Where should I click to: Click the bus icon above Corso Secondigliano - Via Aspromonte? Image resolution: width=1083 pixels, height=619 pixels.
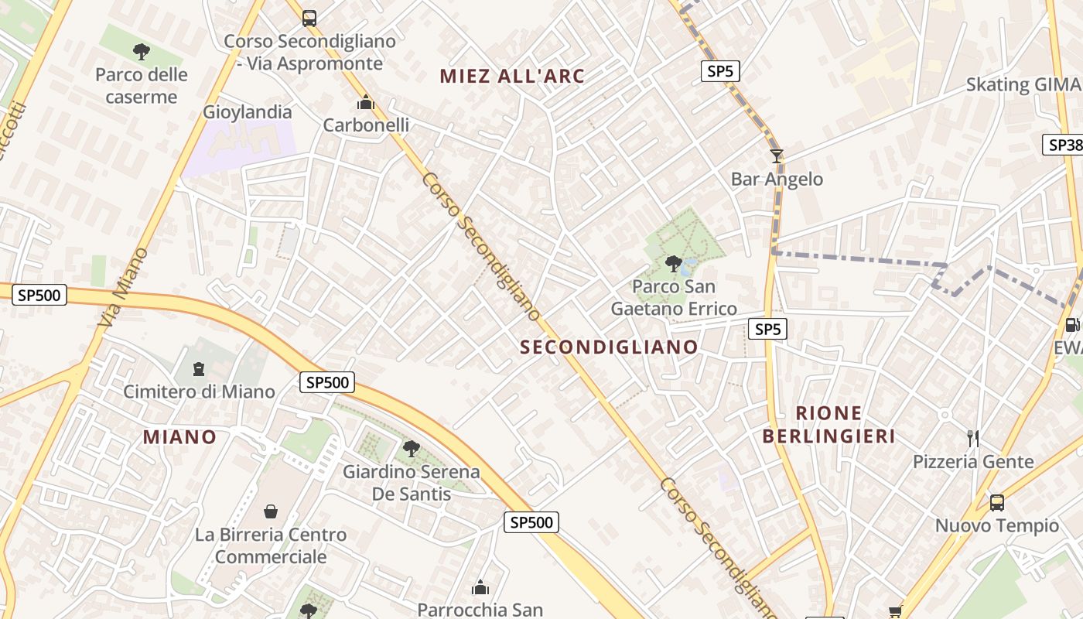pyautogui.click(x=309, y=18)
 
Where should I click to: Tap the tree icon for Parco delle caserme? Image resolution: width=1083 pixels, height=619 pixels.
pyautogui.click(x=141, y=52)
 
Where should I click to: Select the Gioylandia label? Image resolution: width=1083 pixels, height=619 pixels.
pyautogui.click(x=248, y=112)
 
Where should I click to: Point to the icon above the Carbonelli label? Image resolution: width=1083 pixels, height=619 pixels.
pyautogui.click(x=366, y=102)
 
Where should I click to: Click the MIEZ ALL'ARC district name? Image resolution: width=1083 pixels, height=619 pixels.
pyautogui.click(x=512, y=76)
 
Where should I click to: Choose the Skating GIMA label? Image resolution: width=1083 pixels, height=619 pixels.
pyautogui.click(x=1023, y=84)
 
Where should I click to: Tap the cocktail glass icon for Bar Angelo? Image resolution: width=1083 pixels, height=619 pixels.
pyautogui.click(x=777, y=156)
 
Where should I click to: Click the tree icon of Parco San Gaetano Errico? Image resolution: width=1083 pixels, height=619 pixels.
pyautogui.click(x=674, y=264)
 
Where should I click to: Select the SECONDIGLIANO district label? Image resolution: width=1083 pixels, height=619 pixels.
pyautogui.click(x=610, y=347)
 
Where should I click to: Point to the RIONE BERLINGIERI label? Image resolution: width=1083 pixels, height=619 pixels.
pyautogui.click(x=828, y=424)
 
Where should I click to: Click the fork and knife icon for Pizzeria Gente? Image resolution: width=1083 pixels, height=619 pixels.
pyautogui.click(x=973, y=439)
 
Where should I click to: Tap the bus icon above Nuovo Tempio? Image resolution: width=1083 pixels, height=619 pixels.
pyautogui.click(x=997, y=503)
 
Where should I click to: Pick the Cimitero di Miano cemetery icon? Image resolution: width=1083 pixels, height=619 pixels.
pyautogui.click(x=199, y=369)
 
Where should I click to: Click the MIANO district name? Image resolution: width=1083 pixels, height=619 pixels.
pyautogui.click(x=179, y=436)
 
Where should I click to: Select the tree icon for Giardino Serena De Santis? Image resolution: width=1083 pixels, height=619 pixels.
pyautogui.click(x=411, y=448)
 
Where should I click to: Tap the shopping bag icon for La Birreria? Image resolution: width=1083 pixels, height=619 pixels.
pyautogui.click(x=271, y=511)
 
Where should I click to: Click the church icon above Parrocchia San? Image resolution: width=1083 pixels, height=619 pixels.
pyautogui.click(x=480, y=587)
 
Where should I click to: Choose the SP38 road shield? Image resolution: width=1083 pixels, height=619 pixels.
pyautogui.click(x=1063, y=145)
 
